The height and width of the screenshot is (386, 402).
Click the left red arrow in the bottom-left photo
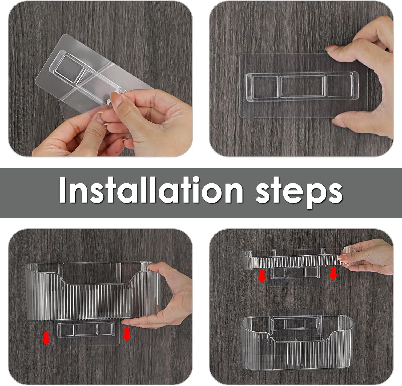[x=47, y=338]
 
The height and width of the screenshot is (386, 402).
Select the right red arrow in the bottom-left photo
[x=126, y=334]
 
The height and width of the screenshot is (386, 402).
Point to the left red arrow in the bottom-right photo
[x=262, y=277]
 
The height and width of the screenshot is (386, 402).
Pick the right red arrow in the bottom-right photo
[x=333, y=273]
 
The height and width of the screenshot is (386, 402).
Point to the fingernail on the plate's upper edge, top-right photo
[x=332, y=48]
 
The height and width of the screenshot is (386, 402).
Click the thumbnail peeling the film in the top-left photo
[x=117, y=100]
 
